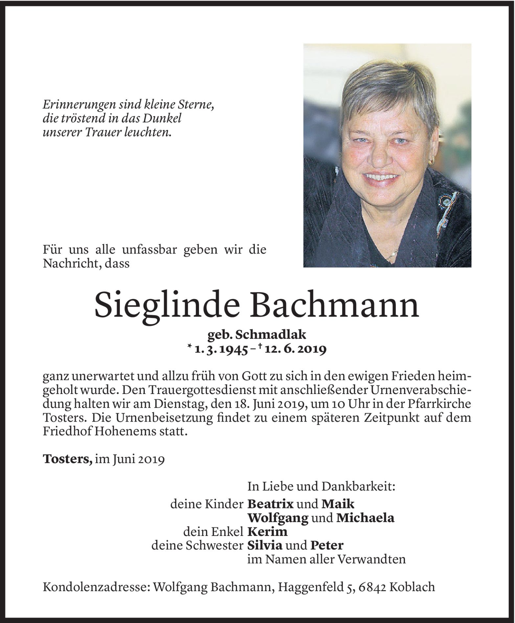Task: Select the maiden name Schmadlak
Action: click(275, 335)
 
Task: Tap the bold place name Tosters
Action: click(67, 460)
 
